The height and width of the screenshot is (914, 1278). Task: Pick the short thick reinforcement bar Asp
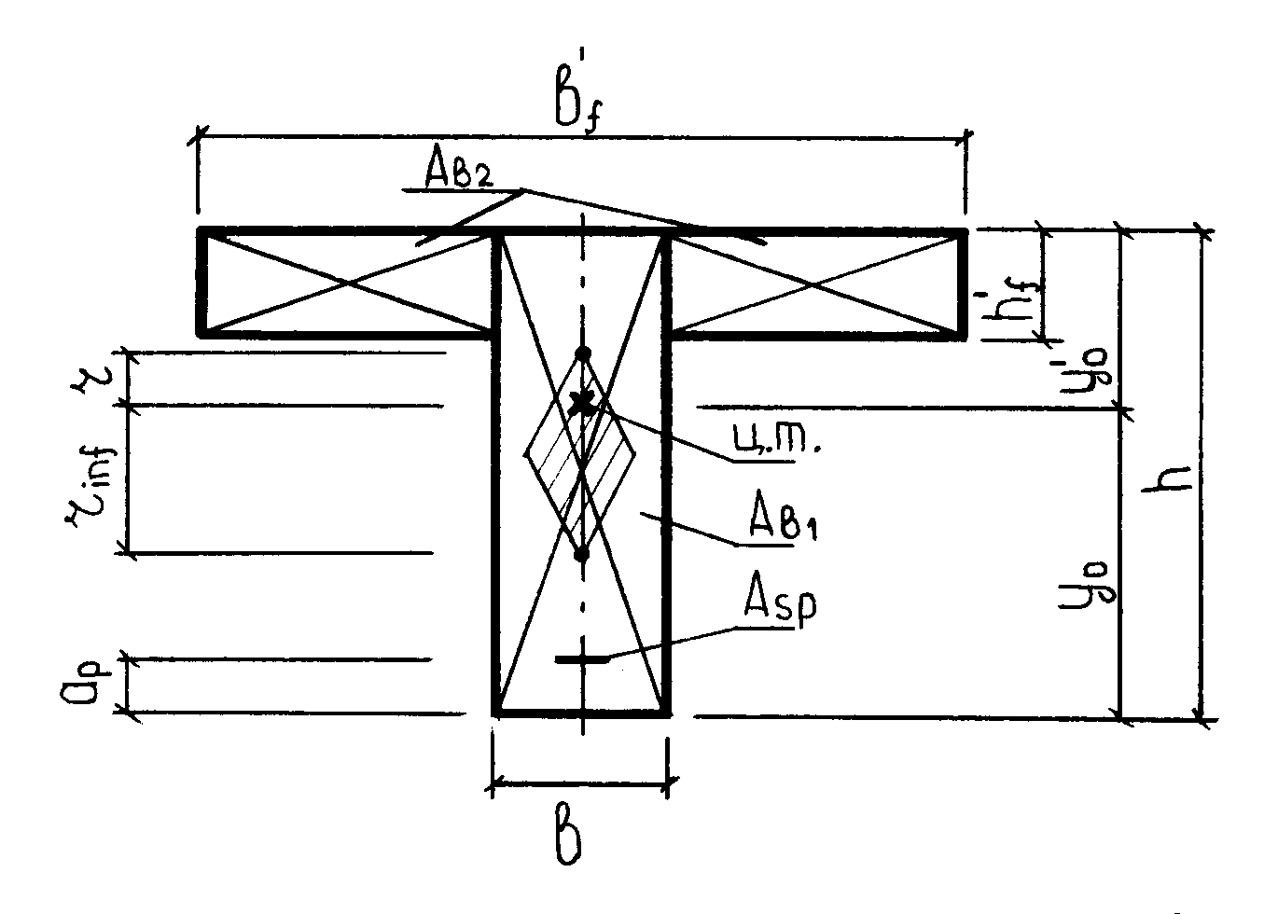(581, 659)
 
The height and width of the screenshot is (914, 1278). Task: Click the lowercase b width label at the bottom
(571, 839)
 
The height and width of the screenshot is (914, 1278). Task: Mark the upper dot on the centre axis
(583, 353)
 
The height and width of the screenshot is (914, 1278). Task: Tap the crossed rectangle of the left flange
(345, 281)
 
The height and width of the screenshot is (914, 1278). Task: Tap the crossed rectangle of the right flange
(817, 281)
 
